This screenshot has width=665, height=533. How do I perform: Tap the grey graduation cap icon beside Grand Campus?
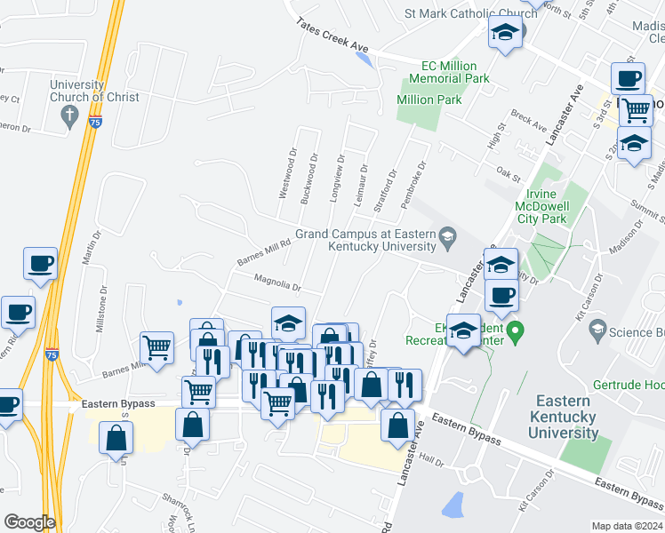click(447, 235)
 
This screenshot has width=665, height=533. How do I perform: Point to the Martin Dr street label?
click(87, 246)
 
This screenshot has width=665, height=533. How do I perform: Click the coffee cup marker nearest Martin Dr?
click(40, 264)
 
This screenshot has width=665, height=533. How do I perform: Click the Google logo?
click(28, 522)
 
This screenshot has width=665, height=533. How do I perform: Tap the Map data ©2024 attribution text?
click(628, 526)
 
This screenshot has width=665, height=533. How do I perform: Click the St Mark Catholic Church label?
click(470, 13)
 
